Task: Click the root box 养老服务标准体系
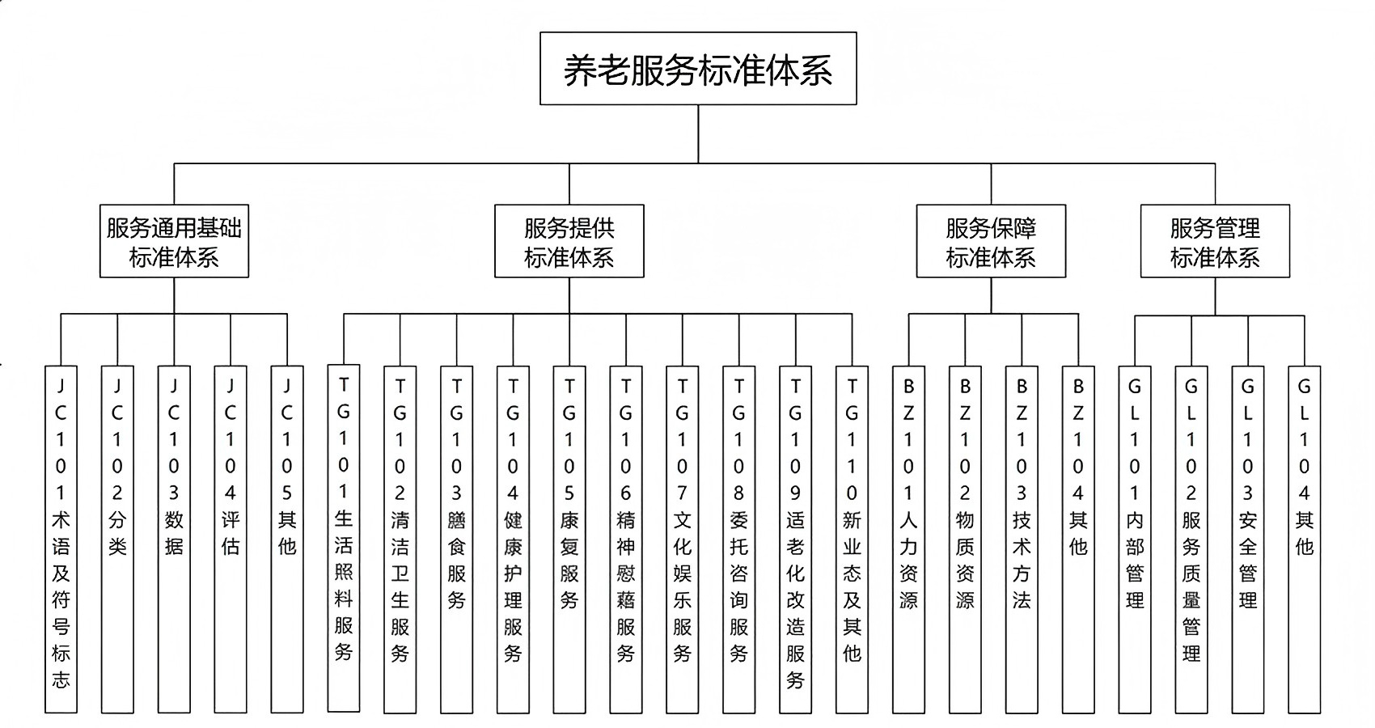[x=698, y=69]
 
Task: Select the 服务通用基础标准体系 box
[x=174, y=241]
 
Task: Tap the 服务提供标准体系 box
[x=569, y=241]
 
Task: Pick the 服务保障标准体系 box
[x=991, y=241]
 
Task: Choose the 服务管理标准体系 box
[x=1215, y=241]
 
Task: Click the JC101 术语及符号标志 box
[x=61, y=538]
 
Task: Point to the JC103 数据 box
[x=174, y=538]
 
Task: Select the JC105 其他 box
[x=287, y=538]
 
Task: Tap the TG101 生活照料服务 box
[x=344, y=538]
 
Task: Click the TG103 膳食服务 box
[x=456, y=538]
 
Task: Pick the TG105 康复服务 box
[x=569, y=538]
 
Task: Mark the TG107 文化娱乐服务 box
[x=683, y=538]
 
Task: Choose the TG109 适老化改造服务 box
[x=795, y=538]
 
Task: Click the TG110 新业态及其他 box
[x=852, y=538]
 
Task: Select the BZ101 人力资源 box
[x=908, y=538]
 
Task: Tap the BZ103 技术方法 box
[x=1022, y=538]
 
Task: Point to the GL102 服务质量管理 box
[x=1191, y=538]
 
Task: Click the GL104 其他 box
[x=1304, y=538]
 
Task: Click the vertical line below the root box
[x=698, y=133]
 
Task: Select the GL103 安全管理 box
[x=1247, y=538]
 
